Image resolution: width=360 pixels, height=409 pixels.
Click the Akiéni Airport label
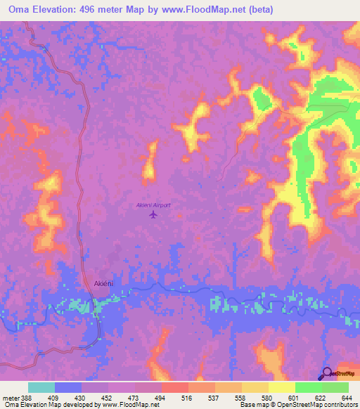[x=153, y=205]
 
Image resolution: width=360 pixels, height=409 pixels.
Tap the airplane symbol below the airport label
[x=153, y=215]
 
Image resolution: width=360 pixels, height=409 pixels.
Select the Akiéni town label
[x=103, y=283]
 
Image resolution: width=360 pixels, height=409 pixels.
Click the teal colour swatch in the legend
[x=41, y=387]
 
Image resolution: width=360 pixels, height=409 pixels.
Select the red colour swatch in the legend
[x=174, y=387]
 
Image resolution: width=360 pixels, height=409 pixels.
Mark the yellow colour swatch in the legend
[x=281, y=387]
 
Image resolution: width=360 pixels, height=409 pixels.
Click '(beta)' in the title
[x=259, y=10]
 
